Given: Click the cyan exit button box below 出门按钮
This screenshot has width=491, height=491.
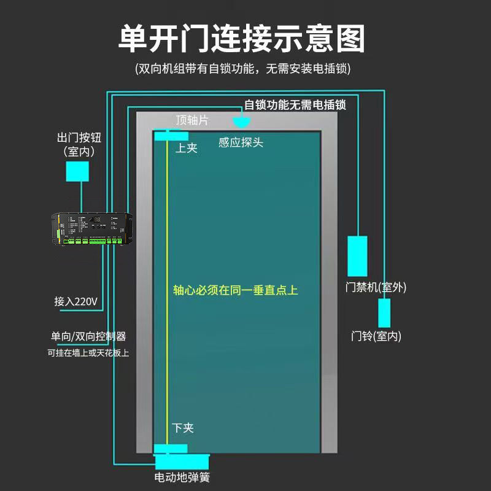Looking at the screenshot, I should [x=78, y=171].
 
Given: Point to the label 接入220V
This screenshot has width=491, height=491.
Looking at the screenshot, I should [x=76, y=302].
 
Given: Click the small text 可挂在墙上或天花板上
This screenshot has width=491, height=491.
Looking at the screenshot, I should [x=88, y=353].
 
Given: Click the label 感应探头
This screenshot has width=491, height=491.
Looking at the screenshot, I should [x=241, y=142].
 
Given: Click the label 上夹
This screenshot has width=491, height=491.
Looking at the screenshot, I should [x=187, y=148].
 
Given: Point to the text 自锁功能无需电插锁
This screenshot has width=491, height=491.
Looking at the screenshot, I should [x=295, y=105].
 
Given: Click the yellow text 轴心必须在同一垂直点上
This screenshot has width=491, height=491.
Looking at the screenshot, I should [x=236, y=290].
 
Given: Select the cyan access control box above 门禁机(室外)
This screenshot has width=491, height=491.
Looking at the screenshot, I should [x=357, y=256].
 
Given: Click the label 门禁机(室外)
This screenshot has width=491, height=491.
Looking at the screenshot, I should [x=376, y=287].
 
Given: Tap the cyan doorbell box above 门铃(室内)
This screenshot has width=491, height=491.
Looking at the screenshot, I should [x=384, y=313].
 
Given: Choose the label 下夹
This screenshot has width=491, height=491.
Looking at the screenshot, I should [x=183, y=428].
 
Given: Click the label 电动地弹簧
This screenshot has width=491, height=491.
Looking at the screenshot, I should [x=182, y=477].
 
